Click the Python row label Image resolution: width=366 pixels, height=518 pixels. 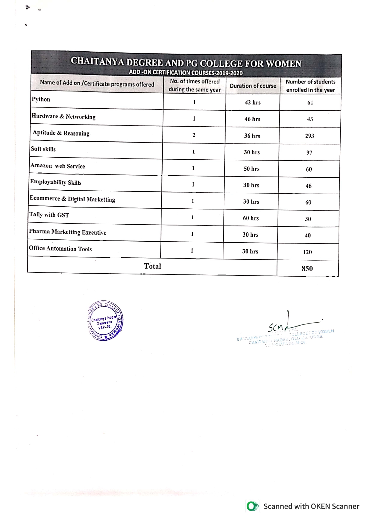[41, 99]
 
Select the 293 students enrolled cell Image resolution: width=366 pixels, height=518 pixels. [310, 136]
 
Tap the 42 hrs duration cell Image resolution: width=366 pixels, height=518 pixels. [253, 102]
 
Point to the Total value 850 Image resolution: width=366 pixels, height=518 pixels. [307, 269]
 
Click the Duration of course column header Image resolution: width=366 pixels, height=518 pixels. [253, 86]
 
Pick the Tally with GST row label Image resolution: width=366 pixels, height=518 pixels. [49, 215]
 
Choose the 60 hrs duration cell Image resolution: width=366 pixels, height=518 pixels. [251, 218]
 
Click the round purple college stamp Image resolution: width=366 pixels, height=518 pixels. [105, 321]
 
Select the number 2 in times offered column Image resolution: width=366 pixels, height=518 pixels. [194, 135]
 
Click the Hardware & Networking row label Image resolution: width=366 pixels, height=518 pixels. [63, 117]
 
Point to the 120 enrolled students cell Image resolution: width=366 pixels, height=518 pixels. [308, 252]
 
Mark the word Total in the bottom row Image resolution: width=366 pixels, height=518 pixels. [152, 266]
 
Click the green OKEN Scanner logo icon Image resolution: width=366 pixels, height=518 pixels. [252, 506]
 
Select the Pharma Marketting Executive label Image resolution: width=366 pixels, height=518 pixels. [68, 232]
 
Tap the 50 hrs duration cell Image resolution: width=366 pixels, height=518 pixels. [251, 169]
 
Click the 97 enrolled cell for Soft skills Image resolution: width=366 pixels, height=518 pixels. [309, 153]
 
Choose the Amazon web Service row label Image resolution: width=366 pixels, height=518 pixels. [58, 166]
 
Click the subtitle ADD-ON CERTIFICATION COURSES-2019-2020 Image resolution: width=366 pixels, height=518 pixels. [186, 73]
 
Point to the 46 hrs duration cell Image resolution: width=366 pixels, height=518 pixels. [252, 119]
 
